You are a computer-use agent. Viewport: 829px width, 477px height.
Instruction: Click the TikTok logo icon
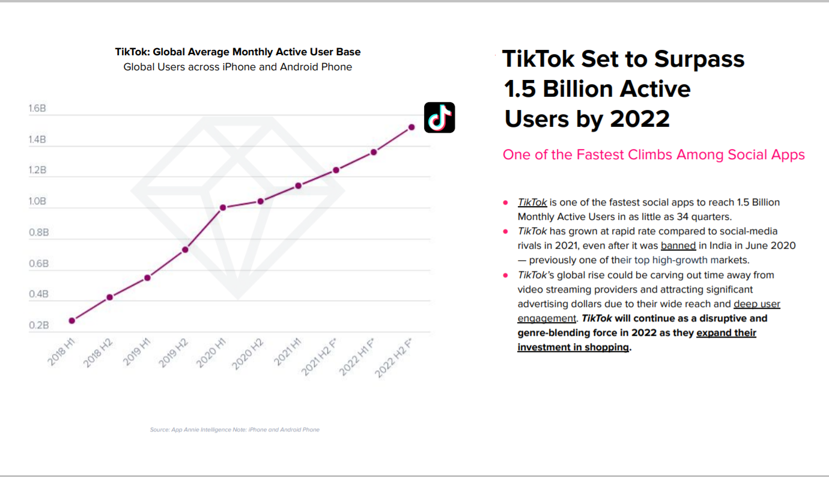pos(439,117)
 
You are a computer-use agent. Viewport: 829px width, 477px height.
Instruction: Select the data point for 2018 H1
pos(72,321)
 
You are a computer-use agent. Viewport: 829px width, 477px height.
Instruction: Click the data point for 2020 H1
pos(223,207)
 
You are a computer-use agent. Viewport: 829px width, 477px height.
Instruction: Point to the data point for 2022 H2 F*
pos(411,127)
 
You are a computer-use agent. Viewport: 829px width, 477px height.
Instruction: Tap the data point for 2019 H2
pos(185,249)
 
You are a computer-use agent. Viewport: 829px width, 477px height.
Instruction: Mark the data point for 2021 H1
pos(298,186)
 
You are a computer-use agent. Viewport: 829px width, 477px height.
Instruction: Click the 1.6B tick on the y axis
pos(37,109)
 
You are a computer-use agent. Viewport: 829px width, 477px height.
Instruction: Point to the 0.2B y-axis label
pos(37,326)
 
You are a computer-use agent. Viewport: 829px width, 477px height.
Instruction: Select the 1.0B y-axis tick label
pos(37,201)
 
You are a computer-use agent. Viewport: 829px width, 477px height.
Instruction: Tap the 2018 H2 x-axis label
pos(99,354)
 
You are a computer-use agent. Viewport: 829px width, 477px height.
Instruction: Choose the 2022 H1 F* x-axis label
pos(357,358)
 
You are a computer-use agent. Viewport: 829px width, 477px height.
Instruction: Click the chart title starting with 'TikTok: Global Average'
pos(238,52)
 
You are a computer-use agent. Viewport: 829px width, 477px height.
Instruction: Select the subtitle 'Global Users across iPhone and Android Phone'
pos(238,67)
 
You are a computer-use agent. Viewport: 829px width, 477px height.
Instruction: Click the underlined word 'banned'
pos(678,246)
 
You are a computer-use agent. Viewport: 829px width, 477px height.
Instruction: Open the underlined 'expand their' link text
pos(726,333)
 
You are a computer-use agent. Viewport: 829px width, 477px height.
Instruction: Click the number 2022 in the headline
pos(640,119)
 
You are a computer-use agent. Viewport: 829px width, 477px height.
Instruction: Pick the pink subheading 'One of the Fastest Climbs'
pos(654,154)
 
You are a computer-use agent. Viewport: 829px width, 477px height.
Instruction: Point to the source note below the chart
pos(235,430)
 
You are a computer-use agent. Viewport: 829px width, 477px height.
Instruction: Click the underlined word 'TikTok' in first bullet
pos(532,202)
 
